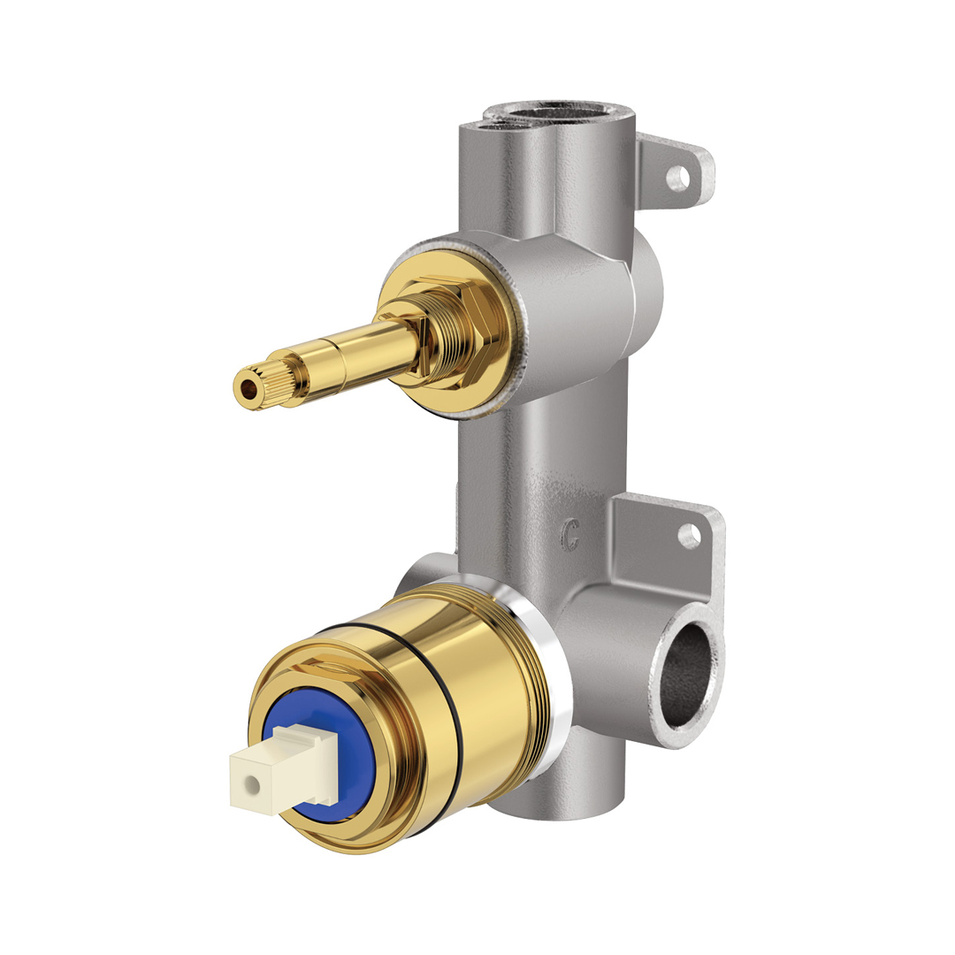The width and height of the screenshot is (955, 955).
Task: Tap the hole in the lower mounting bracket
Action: (689, 535)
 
